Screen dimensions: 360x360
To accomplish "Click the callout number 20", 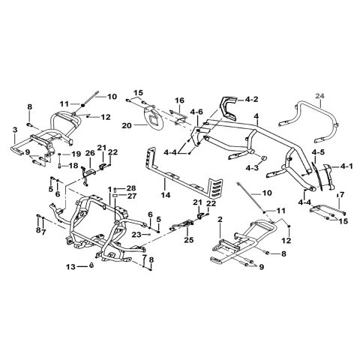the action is point(127,126).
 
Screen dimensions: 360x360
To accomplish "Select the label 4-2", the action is point(251,100).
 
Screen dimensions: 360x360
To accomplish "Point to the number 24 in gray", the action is point(320,95).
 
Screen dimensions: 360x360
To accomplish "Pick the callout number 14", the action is point(166,195).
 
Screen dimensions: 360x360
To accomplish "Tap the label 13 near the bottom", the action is point(71,267).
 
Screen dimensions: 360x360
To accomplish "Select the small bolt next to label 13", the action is point(91,265).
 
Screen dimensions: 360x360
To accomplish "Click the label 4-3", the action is point(252,168).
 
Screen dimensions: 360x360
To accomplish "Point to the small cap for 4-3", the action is point(263,158).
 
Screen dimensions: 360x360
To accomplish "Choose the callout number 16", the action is point(179,100).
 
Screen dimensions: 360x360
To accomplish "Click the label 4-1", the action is point(346,166).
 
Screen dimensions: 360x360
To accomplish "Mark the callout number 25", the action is point(188,240).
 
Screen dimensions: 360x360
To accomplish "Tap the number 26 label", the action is point(91,152).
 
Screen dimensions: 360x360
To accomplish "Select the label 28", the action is point(130,188).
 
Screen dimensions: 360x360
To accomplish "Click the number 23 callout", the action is point(136,235).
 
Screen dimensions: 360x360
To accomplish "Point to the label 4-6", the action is point(197,112).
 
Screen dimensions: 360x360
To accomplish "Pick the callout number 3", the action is point(15,130).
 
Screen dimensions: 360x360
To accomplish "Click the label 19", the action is point(76,154).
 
